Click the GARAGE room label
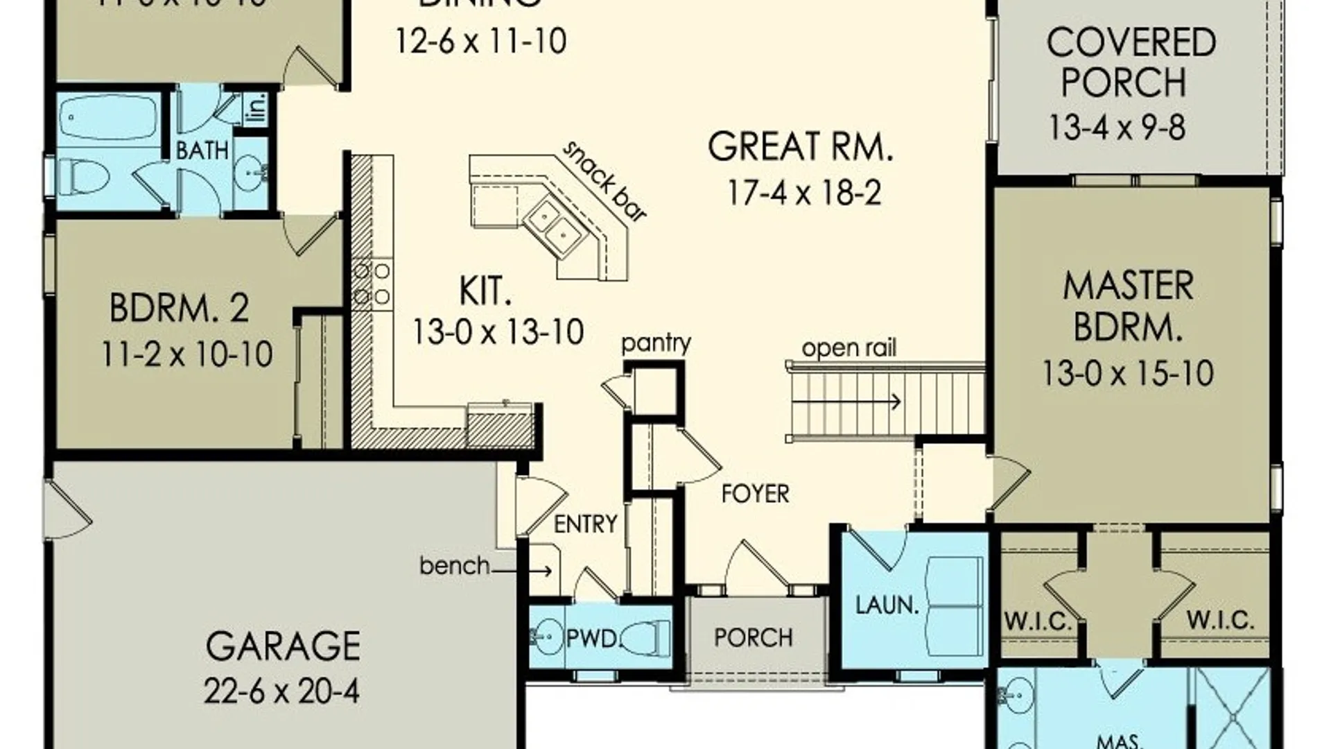(283, 646)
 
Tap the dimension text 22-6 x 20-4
(281, 691)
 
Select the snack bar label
(604, 182)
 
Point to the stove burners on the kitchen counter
(372, 284)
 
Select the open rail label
(849, 347)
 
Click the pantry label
(656, 343)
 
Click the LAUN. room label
(887, 605)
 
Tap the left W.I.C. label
(1038, 621)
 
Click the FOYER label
(755, 494)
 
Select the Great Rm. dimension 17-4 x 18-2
(804, 193)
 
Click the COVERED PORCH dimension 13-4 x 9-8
(1116, 128)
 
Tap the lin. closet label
(256, 108)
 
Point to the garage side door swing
(68, 510)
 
